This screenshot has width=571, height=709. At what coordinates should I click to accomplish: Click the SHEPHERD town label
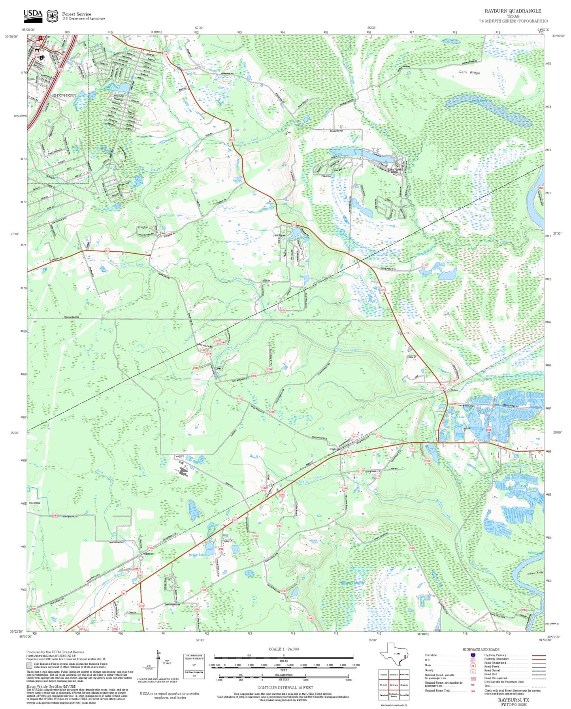(x=64, y=96)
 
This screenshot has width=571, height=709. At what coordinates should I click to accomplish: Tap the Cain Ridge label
(x=469, y=72)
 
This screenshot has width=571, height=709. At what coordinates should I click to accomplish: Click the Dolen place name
(x=454, y=390)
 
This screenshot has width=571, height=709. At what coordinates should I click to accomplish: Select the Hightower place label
(x=148, y=554)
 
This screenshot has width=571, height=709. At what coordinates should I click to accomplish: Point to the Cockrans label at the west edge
(x=35, y=503)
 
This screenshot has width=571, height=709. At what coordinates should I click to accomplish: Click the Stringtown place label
(x=142, y=227)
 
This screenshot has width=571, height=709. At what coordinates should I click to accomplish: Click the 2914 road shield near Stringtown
(x=107, y=251)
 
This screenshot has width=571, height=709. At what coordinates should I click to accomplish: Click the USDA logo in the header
(x=33, y=15)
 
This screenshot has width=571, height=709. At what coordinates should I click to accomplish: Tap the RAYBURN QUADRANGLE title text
(x=513, y=11)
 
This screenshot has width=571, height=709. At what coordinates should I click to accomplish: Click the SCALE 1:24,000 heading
(x=283, y=649)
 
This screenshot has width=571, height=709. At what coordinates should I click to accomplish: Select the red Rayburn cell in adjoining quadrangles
(x=394, y=685)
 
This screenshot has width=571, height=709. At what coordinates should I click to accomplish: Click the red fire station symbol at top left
(x=40, y=38)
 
